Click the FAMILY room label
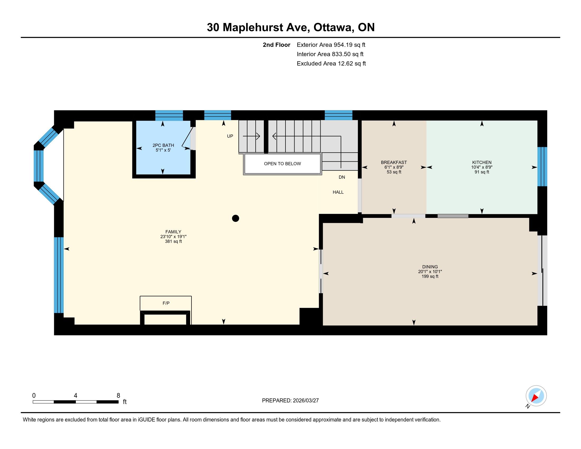tap(173, 232)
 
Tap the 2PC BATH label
tap(163, 145)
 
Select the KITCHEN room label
tap(482, 162)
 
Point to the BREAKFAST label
tap(394, 162)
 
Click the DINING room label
tap(430, 267)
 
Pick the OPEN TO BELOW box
tap(283, 164)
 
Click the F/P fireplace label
tap(166, 303)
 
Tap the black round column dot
tap(235, 218)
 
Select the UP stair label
tap(230, 136)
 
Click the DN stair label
tap(342, 177)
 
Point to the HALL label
tap(338, 192)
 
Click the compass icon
tap(536, 396)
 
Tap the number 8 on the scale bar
tap(118, 396)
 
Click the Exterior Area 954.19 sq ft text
tap(331, 45)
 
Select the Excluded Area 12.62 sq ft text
tap(331, 63)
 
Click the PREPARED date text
tap(290, 400)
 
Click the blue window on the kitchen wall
tap(542, 166)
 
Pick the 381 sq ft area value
tap(173, 241)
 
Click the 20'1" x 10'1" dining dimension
tap(430, 272)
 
